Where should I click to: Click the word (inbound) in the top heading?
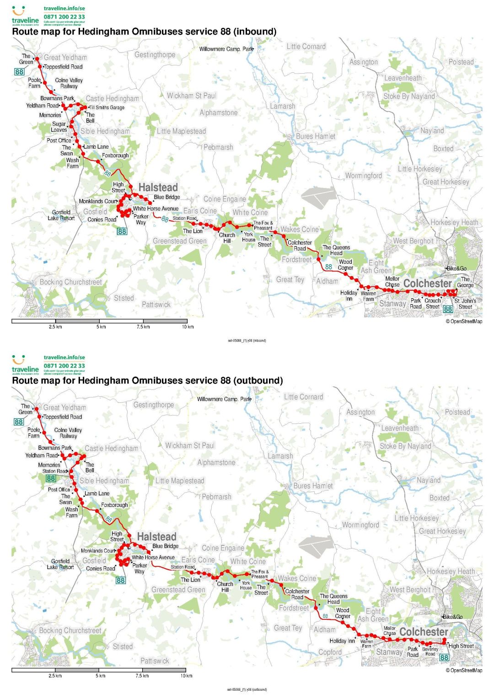pos(253,32)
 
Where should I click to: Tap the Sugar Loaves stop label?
pos(59,127)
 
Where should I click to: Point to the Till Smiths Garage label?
pos(107,107)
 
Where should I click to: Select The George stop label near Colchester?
pos(465,282)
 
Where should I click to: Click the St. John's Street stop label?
pos(465,304)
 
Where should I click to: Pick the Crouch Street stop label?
pos(433,304)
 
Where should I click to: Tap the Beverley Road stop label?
pos(430,651)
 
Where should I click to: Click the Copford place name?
pos(330,652)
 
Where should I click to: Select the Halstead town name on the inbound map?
pos(158,187)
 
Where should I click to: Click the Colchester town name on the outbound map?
pos(424,632)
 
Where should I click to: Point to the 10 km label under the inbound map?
pos(188,327)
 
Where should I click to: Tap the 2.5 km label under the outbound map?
pos(55,676)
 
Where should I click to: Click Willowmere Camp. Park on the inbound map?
pos(226,49)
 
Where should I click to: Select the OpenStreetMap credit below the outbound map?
pos(464,670)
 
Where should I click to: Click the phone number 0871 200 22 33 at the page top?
pos(64,17)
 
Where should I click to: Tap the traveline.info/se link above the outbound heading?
pos(64,357)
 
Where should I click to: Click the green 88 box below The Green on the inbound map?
pos(19,72)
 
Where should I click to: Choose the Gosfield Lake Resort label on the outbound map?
pos(60,564)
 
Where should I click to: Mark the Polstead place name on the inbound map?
pos(461,62)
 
